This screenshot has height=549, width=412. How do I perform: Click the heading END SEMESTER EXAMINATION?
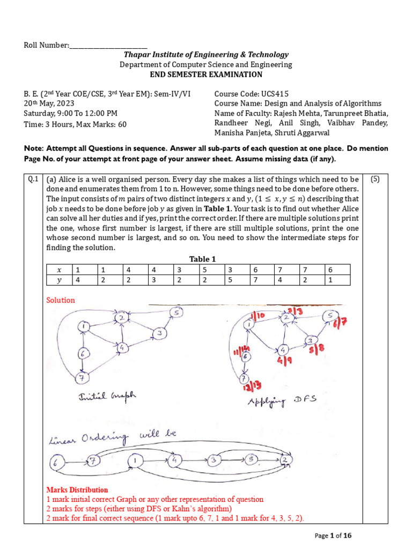coord(206,75)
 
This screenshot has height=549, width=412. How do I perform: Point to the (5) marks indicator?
coord(375,180)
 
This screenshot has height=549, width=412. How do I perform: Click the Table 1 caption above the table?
coord(202,259)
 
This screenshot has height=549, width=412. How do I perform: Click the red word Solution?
coord(61,300)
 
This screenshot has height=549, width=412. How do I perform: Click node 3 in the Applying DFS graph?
coord(310,341)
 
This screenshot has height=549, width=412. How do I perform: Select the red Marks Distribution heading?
coord(77,489)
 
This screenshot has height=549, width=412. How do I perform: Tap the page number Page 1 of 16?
coord(333,535)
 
